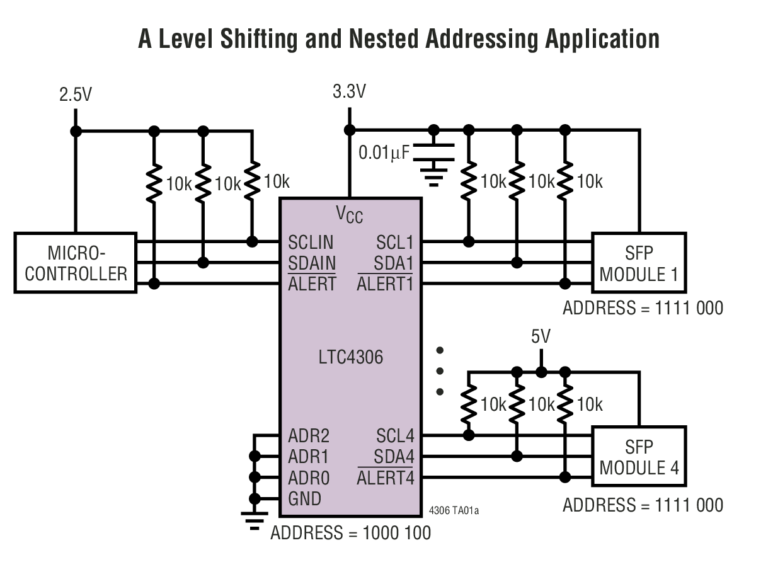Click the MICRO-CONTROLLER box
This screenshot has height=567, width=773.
pos(76,263)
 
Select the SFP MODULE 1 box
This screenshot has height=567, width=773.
pos(638,263)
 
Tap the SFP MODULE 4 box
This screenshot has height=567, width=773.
pos(638,457)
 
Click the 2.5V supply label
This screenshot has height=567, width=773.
pos(76,95)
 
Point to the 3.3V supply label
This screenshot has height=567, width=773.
pos(349,92)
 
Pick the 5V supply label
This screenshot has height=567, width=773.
pos(541,337)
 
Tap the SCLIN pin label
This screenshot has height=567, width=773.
pos(311,243)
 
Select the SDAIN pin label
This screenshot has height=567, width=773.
pos(312,263)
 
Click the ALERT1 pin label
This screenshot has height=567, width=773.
pos(385,284)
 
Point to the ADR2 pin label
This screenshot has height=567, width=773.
pos(309,436)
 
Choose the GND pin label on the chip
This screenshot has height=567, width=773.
pos(304,498)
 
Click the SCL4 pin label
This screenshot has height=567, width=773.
pos(395,436)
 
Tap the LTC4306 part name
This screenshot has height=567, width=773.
pos(350,358)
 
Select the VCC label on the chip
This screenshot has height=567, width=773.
pos(349,215)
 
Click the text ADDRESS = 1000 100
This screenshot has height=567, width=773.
pos(351,533)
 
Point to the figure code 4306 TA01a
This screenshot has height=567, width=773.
pos(453,510)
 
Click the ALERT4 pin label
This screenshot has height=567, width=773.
pos(385,478)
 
